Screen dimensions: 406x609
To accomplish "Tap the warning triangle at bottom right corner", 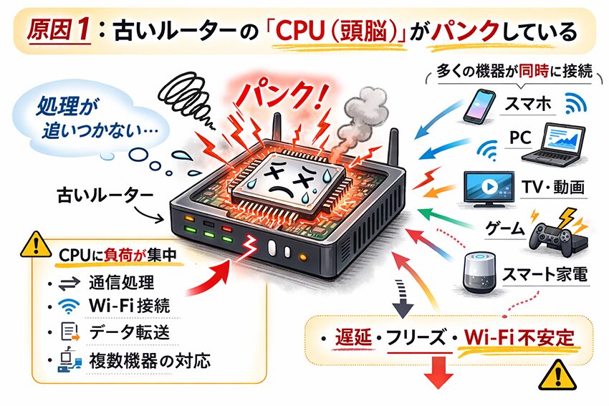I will pyautogui.click(x=552, y=372).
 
